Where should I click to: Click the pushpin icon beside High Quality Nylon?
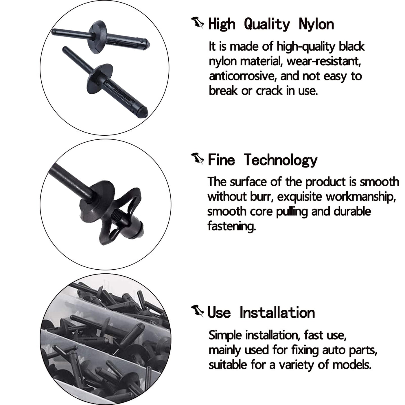coord(197,23)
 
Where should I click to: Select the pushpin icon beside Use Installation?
coord(197,311)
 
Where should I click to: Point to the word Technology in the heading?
coord(281,160)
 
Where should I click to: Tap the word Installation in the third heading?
coord(277,312)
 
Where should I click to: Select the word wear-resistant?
coord(324,61)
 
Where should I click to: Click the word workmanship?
coord(361,197)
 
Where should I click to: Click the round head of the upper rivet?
coord(98,37)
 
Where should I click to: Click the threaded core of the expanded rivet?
coord(115,216)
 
